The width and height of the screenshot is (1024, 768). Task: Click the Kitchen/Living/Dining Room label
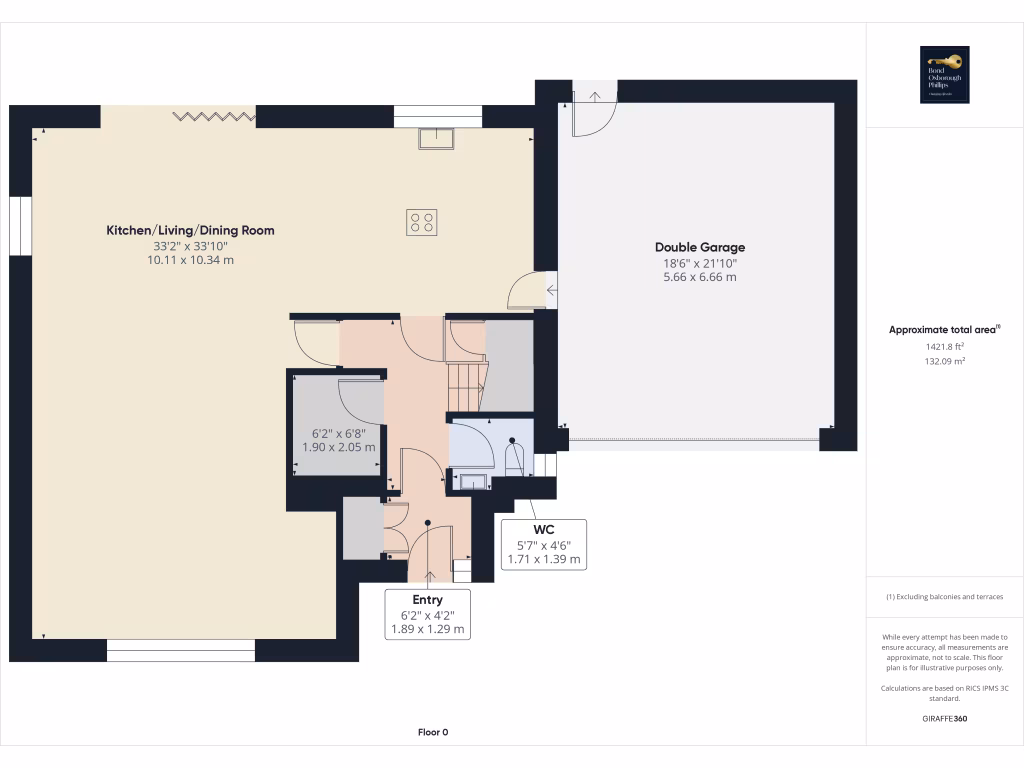[x=190, y=230]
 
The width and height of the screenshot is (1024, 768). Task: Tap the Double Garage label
[x=700, y=247]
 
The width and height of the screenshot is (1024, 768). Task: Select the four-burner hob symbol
[x=422, y=222]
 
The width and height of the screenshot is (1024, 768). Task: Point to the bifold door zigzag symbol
[x=213, y=117]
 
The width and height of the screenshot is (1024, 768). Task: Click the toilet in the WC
[x=515, y=459]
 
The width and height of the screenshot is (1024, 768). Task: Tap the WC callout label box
[x=544, y=544]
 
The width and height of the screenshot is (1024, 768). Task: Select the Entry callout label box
[x=427, y=614]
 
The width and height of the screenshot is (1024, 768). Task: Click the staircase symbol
[x=464, y=386]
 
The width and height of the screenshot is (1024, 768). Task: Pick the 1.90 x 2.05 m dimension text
[x=339, y=447]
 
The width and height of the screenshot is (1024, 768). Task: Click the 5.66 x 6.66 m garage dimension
[x=700, y=277]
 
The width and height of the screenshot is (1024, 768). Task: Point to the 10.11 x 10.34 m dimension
[x=190, y=260]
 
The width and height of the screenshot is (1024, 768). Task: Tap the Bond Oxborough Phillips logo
[x=944, y=75]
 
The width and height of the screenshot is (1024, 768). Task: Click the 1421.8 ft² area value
[x=944, y=346]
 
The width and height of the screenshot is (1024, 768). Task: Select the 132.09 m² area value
[x=944, y=361]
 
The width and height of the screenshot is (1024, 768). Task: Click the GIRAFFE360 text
[x=944, y=718]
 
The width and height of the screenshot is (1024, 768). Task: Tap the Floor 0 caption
[x=433, y=732]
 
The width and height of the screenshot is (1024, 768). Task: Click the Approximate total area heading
[x=944, y=329]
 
